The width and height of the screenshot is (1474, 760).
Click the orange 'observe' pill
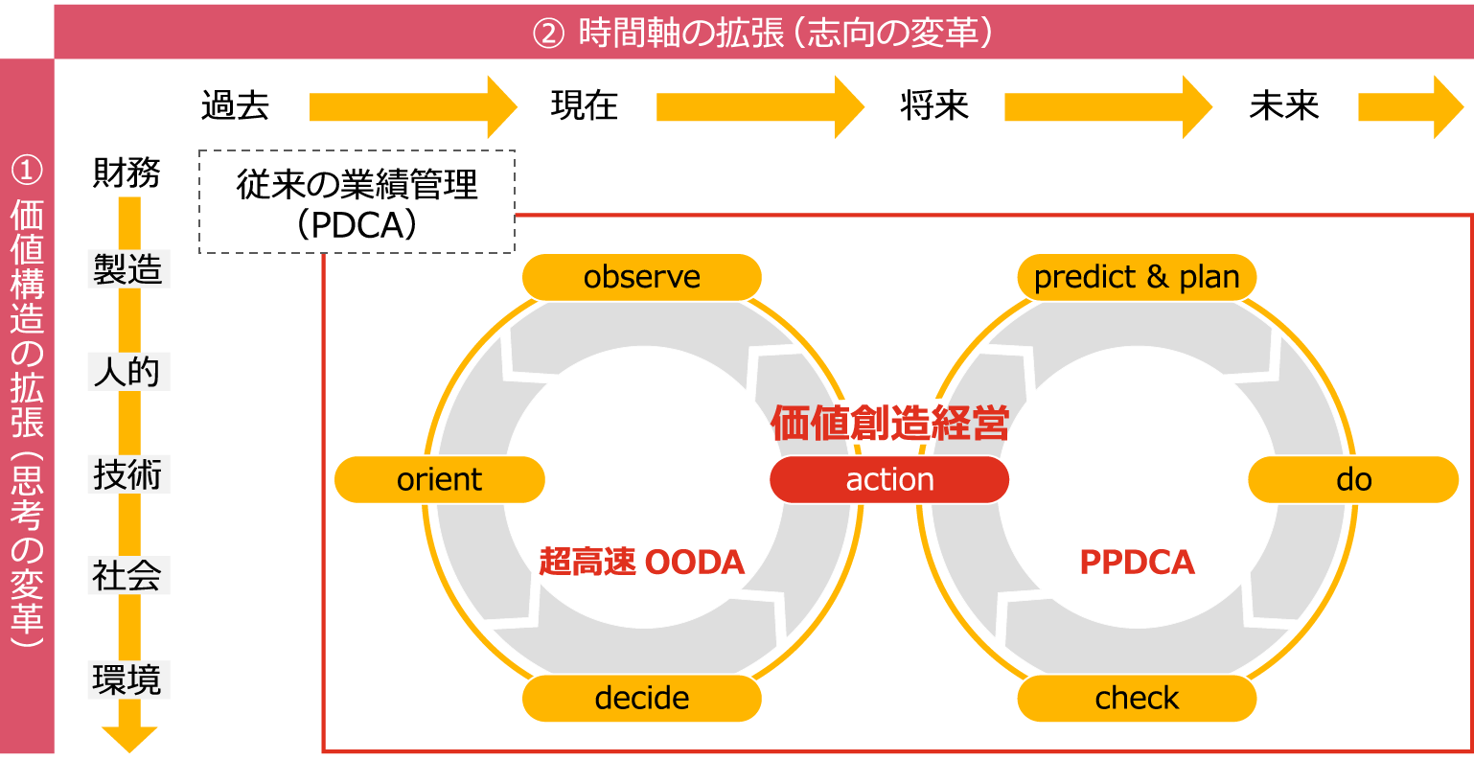point(641,277)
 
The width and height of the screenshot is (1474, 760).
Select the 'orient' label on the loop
point(439,479)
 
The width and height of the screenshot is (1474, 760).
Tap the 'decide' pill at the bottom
point(641,698)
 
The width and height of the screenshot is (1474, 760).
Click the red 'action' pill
point(889,479)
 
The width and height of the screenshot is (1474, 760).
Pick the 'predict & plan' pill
point(1137,277)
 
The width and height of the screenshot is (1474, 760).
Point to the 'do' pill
point(1353,479)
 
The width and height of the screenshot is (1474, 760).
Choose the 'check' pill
point(1137,698)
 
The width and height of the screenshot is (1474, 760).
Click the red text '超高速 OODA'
point(641,562)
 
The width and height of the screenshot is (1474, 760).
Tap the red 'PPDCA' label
point(1137,562)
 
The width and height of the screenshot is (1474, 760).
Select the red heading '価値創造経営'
point(889,423)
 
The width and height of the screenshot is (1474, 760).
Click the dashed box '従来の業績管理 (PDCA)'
point(357,202)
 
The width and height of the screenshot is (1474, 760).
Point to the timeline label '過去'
point(236,105)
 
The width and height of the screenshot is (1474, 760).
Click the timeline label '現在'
point(585,105)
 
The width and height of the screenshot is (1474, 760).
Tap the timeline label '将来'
point(934,105)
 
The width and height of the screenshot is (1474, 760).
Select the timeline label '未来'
point(1284,105)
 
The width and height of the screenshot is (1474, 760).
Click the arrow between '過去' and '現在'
point(412,106)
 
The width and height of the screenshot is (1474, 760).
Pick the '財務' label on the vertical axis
point(127,173)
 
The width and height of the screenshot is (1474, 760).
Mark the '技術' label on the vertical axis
point(127,474)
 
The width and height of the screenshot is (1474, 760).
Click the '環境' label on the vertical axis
point(127,679)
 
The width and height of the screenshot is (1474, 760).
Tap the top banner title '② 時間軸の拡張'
point(762,33)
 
